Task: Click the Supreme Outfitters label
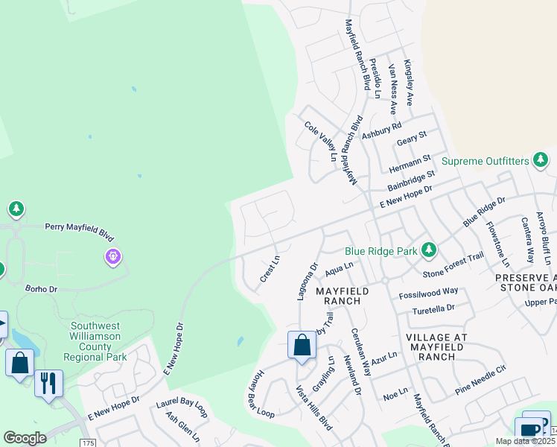[485, 161]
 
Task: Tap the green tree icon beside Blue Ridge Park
[428, 250]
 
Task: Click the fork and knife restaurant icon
[48, 383]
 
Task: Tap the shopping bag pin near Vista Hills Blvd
[302, 346]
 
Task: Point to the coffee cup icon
[529, 431]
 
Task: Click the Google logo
[25, 438]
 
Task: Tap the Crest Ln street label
[270, 269]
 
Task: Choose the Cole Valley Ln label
[320, 139]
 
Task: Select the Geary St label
[412, 139]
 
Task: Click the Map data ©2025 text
[525, 441]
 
